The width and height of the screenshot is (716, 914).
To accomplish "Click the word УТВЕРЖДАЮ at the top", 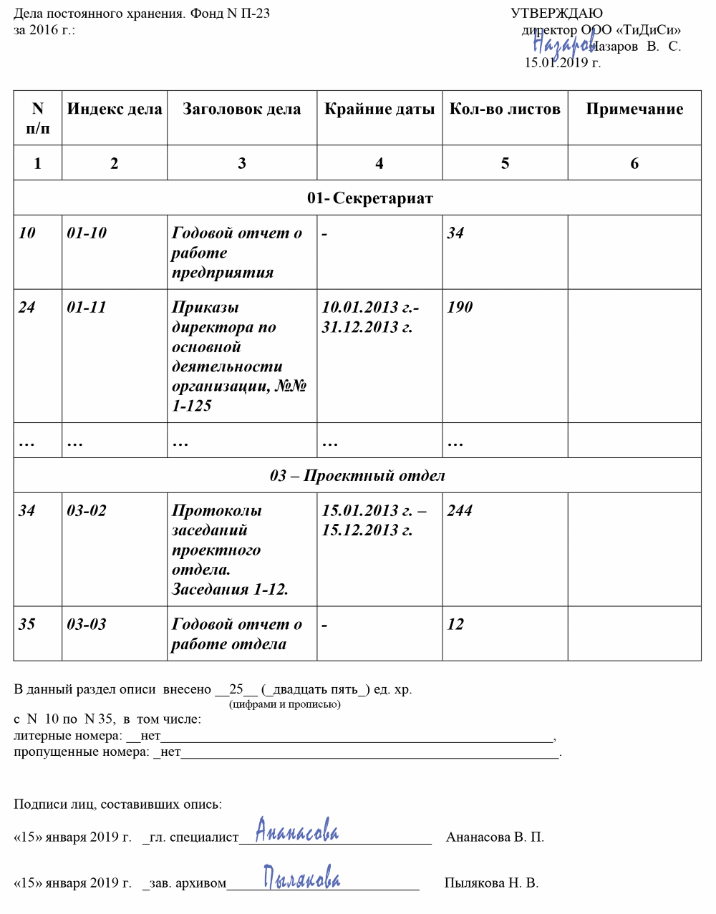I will point(556,14).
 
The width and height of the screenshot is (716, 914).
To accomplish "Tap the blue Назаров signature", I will point(563,45).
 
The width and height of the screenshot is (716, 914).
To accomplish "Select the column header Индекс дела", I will point(115,110).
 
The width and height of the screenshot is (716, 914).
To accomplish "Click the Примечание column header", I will point(634,110).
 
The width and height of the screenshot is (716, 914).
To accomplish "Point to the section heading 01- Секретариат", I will point(370,198).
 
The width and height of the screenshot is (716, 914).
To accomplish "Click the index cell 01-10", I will point(87,233).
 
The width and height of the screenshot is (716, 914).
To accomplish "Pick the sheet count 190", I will point(460,308).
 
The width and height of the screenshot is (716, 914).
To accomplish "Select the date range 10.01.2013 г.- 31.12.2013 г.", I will point(369,317).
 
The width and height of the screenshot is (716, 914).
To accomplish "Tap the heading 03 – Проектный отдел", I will point(357,476).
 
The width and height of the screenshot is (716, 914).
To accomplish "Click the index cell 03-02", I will point(87,511).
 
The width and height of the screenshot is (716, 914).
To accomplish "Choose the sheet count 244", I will point(460,511).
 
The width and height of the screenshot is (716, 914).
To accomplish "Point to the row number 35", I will point(26,625).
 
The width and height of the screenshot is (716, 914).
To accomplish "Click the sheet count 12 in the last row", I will point(455,625).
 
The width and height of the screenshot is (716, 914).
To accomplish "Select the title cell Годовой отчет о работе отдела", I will point(236,634).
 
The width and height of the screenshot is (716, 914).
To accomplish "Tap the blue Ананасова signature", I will point(297,832).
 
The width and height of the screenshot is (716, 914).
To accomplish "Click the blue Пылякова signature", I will point(301,877).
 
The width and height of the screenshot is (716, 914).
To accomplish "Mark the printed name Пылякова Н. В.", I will point(491,883).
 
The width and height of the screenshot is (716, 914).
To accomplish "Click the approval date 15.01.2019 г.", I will point(563,63).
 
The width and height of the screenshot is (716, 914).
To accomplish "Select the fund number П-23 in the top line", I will point(256,14).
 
